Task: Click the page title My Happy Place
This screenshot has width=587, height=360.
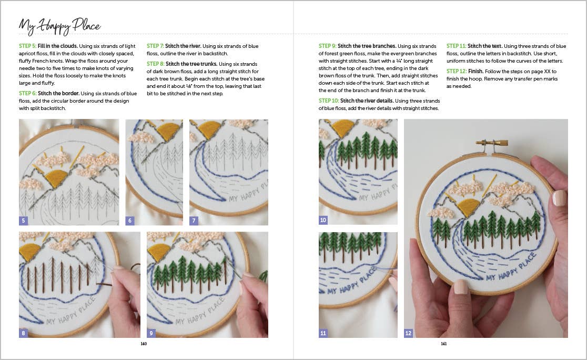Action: click(x=59, y=25)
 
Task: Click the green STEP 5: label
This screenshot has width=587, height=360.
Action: click(x=29, y=46)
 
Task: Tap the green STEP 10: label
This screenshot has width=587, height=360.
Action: click(x=329, y=101)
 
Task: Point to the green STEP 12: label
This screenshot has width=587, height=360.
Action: click(x=457, y=71)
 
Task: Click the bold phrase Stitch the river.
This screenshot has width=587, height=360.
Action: click(x=183, y=46)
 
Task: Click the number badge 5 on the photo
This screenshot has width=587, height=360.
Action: click(x=23, y=221)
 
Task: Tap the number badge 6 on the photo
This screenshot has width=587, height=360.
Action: click(x=129, y=221)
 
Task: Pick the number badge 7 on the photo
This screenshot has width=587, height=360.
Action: click(x=194, y=221)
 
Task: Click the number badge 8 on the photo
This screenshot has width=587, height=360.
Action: click(x=23, y=333)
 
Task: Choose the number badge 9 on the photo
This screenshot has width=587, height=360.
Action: click(x=151, y=333)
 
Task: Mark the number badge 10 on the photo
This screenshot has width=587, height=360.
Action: click(x=323, y=221)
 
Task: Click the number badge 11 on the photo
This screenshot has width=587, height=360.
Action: click(x=323, y=333)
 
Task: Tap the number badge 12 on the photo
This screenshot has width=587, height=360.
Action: click(x=408, y=333)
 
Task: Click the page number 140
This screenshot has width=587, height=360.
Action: click(x=144, y=344)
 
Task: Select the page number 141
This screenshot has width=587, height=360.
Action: click(x=443, y=344)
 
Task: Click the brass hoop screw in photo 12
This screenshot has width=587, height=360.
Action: click(x=492, y=142)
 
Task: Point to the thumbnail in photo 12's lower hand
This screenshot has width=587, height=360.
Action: click(x=461, y=287)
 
